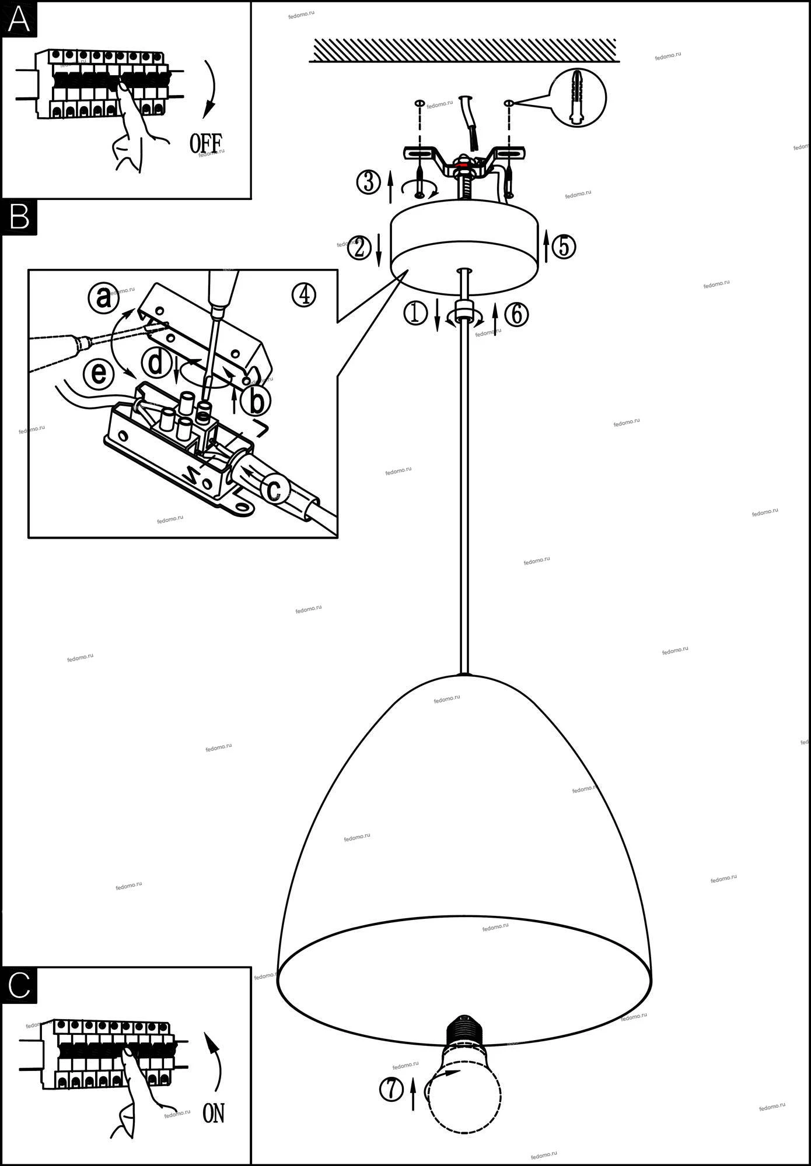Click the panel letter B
[x=19, y=217]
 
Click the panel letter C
[x=19, y=985]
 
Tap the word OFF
[x=205, y=143]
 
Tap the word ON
[x=214, y=1113]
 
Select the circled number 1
[x=415, y=314]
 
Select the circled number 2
[x=359, y=248]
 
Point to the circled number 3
[x=369, y=182]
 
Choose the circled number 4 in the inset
[x=304, y=295]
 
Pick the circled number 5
[x=564, y=246]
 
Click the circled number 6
[x=516, y=315]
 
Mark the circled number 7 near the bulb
[x=391, y=1089]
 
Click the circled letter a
[x=103, y=298]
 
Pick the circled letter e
[x=98, y=373]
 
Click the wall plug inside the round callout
[x=578, y=97]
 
